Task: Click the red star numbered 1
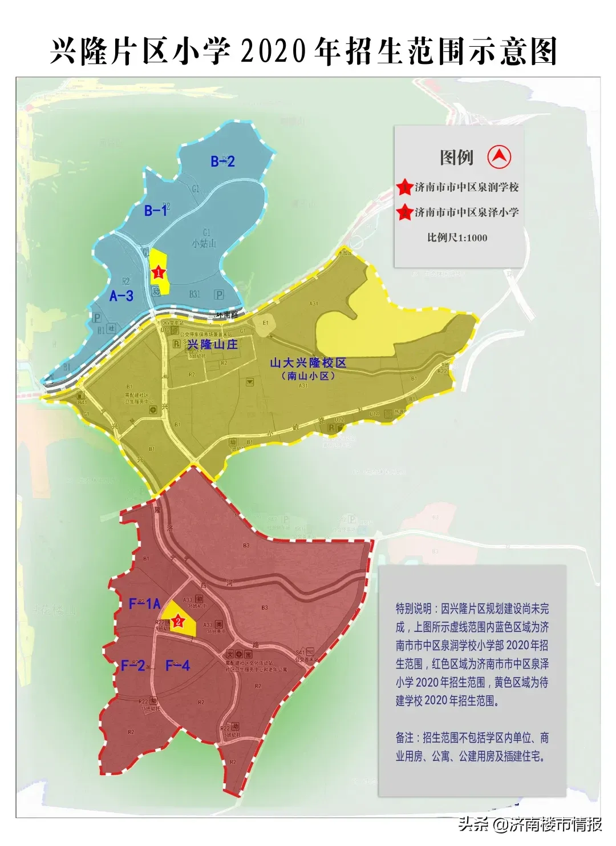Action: click(x=158, y=273)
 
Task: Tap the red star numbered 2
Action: click(x=179, y=621)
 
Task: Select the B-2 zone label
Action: click(x=222, y=162)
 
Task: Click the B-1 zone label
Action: click(x=156, y=211)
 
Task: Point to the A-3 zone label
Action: click(x=121, y=295)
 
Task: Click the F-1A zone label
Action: click(x=145, y=603)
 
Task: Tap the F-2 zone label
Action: click(x=132, y=665)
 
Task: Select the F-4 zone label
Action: click(x=177, y=665)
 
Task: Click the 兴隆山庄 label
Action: click(x=213, y=344)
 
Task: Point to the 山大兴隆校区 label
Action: click(x=308, y=362)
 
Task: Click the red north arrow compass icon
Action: click(x=499, y=156)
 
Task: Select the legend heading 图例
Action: click(x=456, y=157)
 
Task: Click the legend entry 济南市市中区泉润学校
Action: click(x=467, y=187)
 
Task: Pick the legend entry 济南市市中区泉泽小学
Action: click(x=467, y=212)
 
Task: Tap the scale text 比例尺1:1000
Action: click(x=457, y=237)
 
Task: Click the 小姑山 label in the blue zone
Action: click(x=204, y=243)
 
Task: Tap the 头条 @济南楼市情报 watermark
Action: click(x=530, y=824)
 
